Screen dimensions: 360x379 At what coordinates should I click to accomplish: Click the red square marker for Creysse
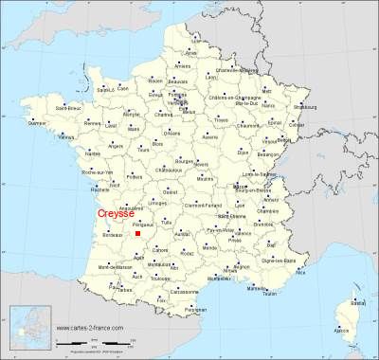137,233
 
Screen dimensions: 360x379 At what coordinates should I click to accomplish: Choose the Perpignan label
195,310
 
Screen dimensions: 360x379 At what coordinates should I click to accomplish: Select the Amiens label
182,65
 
